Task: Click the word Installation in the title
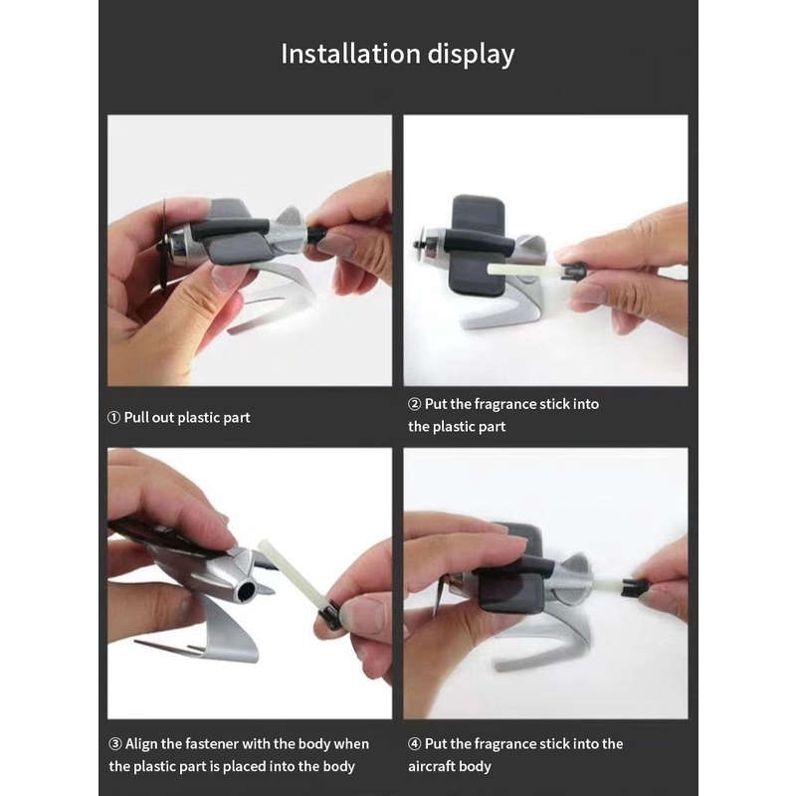(350, 54)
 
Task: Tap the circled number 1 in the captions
(113, 418)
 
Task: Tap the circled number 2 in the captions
(414, 404)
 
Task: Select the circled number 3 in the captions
(115, 743)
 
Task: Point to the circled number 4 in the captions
(414, 743)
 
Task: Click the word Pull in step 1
(136, 417)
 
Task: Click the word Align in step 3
(141, 744)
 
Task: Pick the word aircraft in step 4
(432, 766)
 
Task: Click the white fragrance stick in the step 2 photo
(524, 271)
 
